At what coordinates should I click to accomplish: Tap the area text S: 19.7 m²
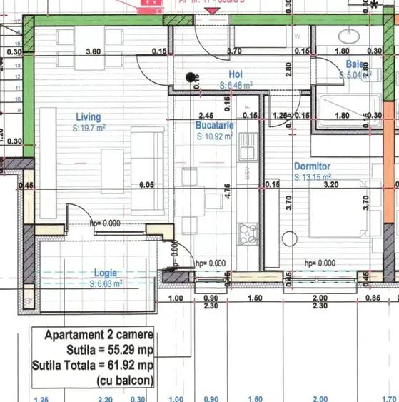(x=89, y=128)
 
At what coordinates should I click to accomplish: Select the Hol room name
(x=236, y=74)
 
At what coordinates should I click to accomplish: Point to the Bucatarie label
(x=214, y=125)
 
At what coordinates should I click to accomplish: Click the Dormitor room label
(x=313, y=165)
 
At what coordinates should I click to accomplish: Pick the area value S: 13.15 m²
(x=313, y=176)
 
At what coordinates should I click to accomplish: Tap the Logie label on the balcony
(x=106, y=273)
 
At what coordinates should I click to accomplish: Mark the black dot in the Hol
(x=190, y=76)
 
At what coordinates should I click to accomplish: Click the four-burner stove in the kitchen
(x=248, y=233)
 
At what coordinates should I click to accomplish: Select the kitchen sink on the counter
(x=248, y=149)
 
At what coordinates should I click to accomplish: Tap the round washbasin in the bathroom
(x=351, y=34)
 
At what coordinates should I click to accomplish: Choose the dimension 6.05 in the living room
(x=147, y=185)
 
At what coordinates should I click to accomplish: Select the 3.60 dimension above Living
(x=92, y=52)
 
